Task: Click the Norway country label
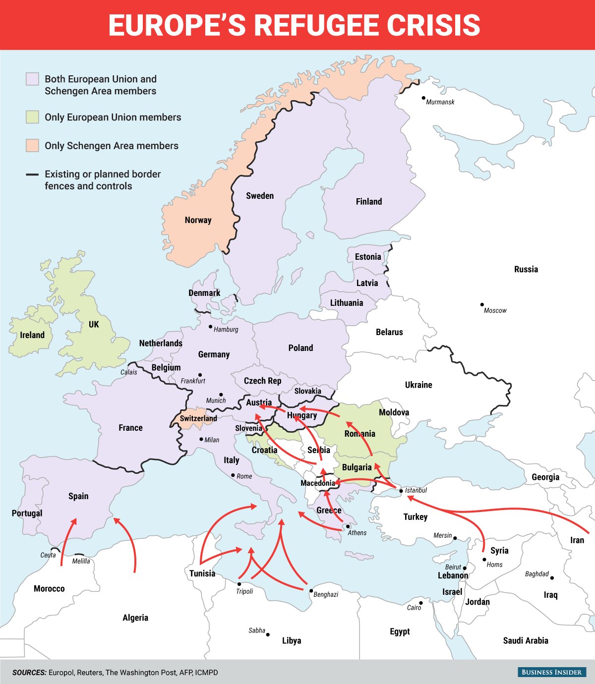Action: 198,220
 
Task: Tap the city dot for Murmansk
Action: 423,98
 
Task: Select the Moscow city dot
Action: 481,305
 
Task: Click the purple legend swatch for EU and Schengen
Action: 32,79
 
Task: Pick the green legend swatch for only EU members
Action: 32,117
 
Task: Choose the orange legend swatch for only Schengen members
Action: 32,146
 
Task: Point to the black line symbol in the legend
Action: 32,174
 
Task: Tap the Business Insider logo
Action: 551,672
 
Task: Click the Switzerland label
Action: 198,418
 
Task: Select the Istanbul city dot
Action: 401,491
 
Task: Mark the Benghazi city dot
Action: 311,591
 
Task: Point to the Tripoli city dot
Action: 239,584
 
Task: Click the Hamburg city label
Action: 226,330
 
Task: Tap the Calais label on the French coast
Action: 129,372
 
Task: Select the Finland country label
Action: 369,202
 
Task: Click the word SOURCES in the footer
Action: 29,673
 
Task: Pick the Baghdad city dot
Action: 552,577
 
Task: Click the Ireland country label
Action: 32,335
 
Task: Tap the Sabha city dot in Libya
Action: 268,634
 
